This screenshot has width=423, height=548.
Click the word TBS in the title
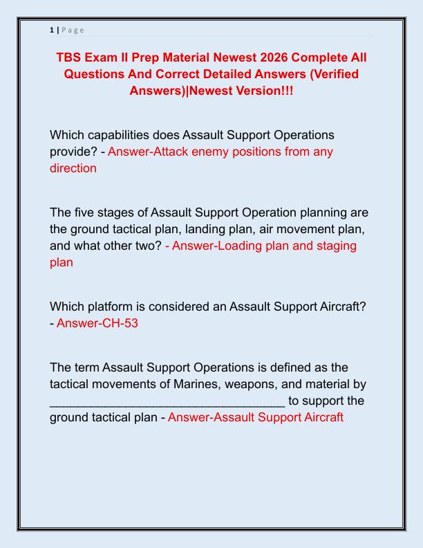(71, 56)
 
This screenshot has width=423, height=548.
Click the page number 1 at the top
(52, 30)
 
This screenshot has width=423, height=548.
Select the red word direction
(73, 168)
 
